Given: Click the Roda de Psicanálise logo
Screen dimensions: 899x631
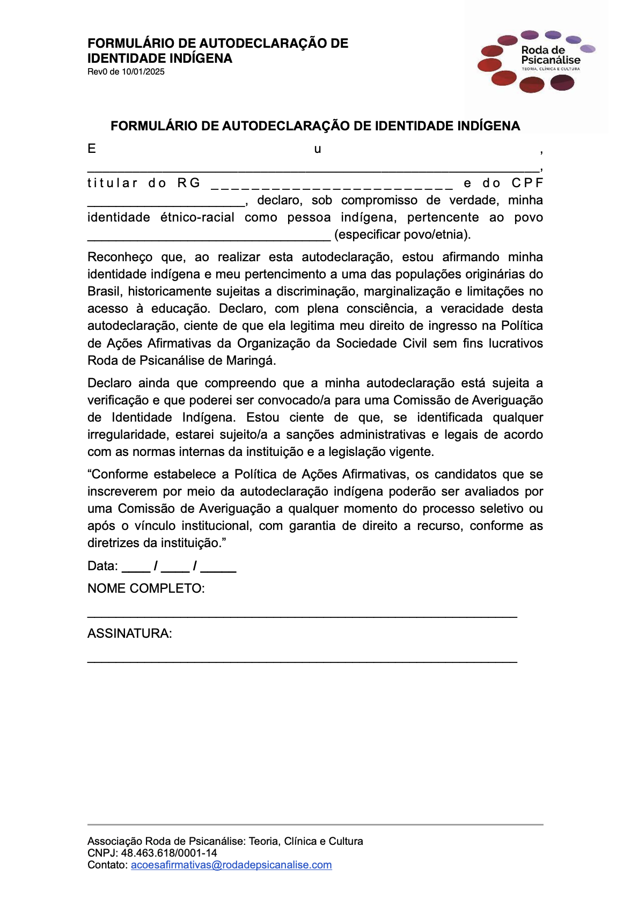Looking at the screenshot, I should tap(535, 61).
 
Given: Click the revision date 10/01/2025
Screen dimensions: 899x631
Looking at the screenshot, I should tap(143, 72).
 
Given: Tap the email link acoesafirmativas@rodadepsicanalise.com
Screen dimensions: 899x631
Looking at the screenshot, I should tap(231, 865).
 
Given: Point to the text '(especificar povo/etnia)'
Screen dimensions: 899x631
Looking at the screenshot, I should tap(402, 234).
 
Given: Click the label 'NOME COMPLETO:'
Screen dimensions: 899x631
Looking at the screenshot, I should tap(146, 588).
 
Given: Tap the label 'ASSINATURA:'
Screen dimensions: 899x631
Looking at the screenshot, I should tap(130, 633).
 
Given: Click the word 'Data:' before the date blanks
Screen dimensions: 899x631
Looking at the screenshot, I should tap(102, 566).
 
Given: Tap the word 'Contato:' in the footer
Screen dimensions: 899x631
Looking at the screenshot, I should tap(108, 865).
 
